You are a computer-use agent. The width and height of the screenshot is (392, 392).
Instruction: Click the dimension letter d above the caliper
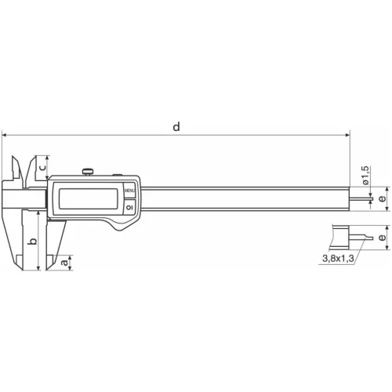(176, 126)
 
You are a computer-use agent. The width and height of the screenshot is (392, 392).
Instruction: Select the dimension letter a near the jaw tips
(64, 263)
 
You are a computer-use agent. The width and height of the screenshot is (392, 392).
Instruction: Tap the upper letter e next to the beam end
(381, 199)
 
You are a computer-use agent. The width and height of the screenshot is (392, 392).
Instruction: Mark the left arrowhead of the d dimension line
(5, 135)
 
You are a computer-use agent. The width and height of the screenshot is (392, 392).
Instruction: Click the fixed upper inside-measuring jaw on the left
(16, 169)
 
